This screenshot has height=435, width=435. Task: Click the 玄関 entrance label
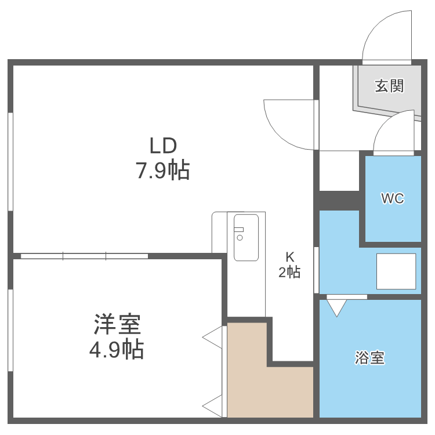[389, 86]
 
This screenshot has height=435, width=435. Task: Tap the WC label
[392, 198]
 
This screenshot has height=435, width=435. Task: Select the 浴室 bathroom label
[369, 358]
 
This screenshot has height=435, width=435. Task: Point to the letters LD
[162, 145]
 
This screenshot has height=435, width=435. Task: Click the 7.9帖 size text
[162, 171]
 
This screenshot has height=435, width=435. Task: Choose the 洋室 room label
[118, 324]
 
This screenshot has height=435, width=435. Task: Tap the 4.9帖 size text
[118, 350]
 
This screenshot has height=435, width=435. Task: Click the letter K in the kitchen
[289, 257]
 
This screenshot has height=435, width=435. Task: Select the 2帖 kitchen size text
[289, 272]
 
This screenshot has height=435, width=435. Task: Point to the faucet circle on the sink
[240, 237]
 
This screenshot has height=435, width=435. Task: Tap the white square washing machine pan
[396, 271]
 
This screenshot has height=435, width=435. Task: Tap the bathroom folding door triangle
[338, 306]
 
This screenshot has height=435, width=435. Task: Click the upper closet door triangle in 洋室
[215, 338]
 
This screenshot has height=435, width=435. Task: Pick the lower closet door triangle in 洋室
[215, 405]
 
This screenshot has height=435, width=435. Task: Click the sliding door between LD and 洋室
[84, 255]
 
